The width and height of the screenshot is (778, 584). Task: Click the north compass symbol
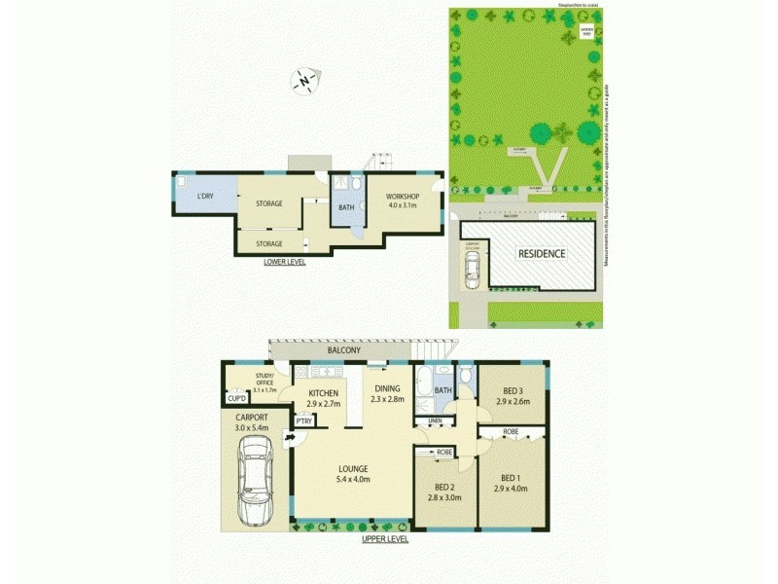(305, 82)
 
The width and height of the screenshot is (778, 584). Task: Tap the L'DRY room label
(205, 198)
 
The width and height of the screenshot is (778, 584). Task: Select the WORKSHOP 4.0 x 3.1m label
(402, 201)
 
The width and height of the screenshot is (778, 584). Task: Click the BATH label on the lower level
(345, 206)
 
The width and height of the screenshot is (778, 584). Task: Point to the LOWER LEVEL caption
(285, 262)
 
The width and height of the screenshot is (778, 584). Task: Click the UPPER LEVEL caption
(385, 538)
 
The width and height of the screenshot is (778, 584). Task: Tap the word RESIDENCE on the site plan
(541, 253)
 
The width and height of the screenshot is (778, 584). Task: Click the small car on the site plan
(472, 274)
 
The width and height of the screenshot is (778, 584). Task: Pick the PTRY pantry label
(304, 420)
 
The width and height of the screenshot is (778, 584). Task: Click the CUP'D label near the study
(235, 398)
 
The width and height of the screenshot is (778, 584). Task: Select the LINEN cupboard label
(435, 420)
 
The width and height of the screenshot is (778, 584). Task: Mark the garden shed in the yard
(586, 31)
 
